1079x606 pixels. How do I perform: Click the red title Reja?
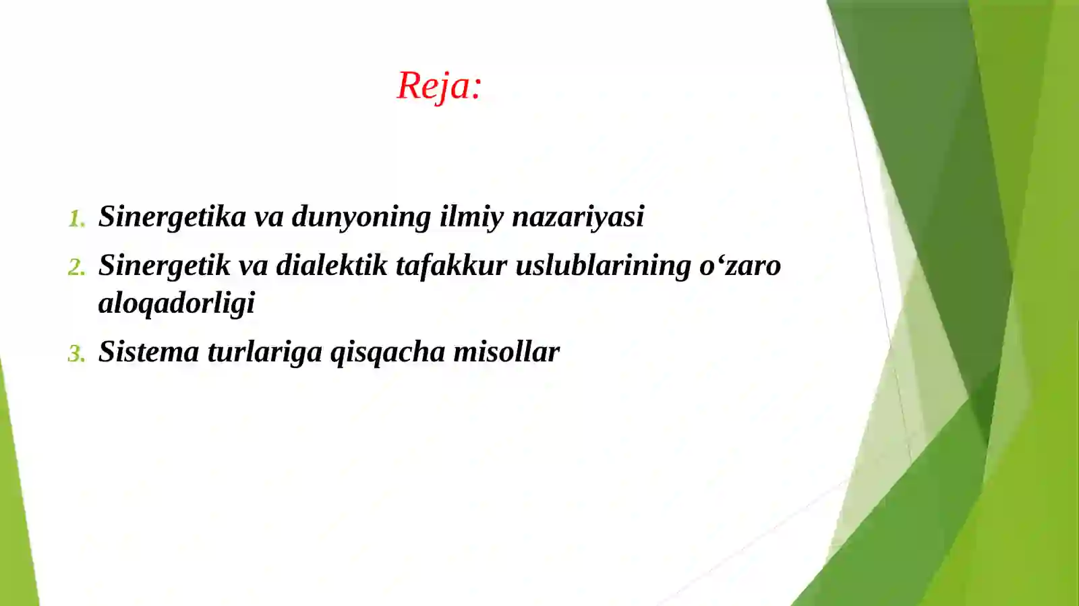[439, 86]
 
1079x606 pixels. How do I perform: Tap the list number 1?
[76, 219]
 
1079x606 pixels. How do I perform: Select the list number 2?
[76, 268]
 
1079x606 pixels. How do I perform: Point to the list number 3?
[76, 354]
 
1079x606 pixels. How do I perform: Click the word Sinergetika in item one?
[173, 217]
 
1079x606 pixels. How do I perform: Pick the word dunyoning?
[361, 217]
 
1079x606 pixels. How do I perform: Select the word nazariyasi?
[578, 217]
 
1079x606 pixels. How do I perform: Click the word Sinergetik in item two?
[165, 266]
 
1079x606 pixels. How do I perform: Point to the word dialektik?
[332, 266]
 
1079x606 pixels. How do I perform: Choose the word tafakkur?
[451, 266]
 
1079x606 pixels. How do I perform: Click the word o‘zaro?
[740, 266]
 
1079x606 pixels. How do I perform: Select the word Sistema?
[148, 352]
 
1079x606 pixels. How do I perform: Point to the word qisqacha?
[387, 352]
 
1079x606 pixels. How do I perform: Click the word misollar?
[506, 352]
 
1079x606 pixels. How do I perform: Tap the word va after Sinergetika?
[268, 217]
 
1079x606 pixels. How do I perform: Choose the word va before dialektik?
[254, 266]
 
